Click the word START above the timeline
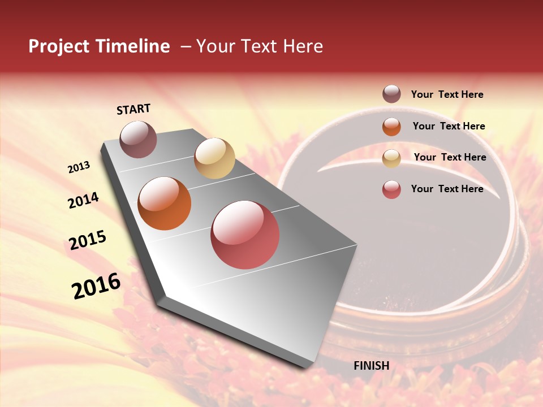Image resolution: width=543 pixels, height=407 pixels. click(133, 109)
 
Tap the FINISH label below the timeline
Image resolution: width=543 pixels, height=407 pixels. click(371, 366)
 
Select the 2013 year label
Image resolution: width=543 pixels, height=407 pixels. click(79, 167)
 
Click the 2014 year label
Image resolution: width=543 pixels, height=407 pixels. click(83, 201)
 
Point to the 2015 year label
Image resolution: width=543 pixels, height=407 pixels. click(88, 240)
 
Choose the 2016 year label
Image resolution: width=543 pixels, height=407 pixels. click(96, 286)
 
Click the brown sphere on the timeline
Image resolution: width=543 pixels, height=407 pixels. click(138, 139)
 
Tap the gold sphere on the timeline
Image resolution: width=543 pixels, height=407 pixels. click(214, 158)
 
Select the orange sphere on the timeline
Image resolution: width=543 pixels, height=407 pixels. click(165, 203)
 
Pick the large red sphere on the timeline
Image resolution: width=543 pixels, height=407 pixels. click(245, 235)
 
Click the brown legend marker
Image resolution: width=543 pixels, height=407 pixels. click(391, 94)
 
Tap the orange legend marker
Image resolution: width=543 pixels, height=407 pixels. click(391, 127)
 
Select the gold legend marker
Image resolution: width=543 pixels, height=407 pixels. click(391, 158)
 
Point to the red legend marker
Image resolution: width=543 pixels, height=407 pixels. click(391, 189)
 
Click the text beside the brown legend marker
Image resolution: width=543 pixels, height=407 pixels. click(447, 94)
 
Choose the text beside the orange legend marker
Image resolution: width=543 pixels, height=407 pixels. click(449, 126)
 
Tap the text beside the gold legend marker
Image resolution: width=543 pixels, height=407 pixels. click(450, 157)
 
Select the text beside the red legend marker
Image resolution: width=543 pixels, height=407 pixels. click(447, 189)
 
